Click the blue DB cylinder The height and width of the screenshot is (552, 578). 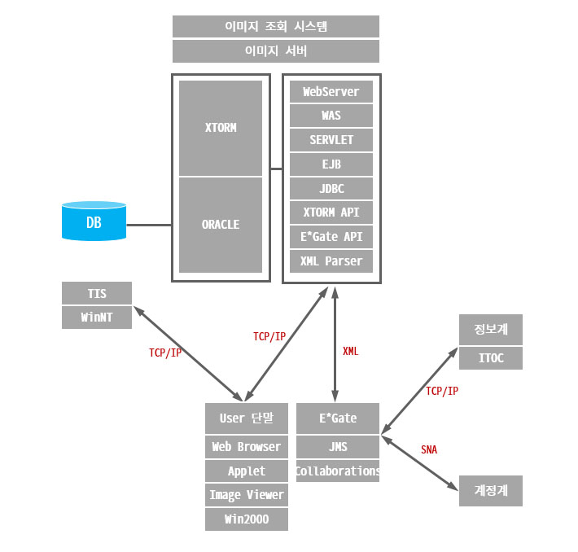pyautogui.click(x=94, y=221)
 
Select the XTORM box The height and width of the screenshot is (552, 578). pyautogui.click(x=221, y=128)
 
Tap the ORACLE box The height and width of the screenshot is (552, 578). pyautogui.click(x=221, y=225)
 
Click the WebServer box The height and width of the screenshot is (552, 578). pyautogui.click(x=331, y=92)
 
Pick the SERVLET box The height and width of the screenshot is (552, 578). pyautogui.click(x=331, y=140)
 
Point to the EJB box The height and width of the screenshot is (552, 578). pyautogui.click(x=331, y=164)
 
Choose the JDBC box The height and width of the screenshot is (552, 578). pyautogui.click(x=331, y=189)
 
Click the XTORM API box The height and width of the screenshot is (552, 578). pyautogui.click(x=331, y=213)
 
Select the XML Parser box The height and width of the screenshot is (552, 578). pyautogui.click(x=331, y=261)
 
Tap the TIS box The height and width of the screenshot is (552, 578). pyautogui.click(x=97, y=293)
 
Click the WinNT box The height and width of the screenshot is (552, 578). pyautogui.click(x=97, y=317)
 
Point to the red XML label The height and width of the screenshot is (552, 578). pyautogui.click(x=350, y=352)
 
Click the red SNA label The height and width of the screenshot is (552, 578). pyautogui.click(x=429, y=449)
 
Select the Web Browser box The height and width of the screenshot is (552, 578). pyautogui.click(x=247, y=447)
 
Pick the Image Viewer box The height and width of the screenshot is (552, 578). pyautogui.click(x=247, y=495)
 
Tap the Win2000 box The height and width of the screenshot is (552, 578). pyautogui.click(x=247, y=519)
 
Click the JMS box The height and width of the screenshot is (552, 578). pyautogui.click(x=338, y=446)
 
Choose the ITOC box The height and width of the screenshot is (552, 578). pyautogui.click(x=490, y=358)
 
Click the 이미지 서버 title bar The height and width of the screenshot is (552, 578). pyautogui.click(x=276, y=51)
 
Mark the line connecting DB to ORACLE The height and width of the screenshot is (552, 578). pyautogui.click(x=149, y=225)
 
